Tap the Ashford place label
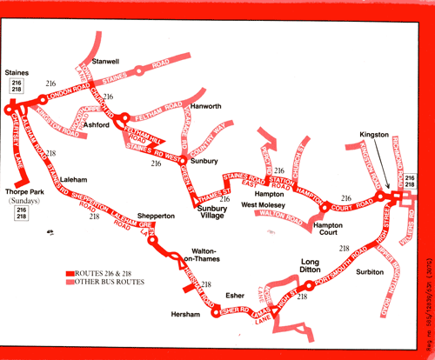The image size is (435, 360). click(x=97, y=125)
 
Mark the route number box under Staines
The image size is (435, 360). click(x=17, y=84)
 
